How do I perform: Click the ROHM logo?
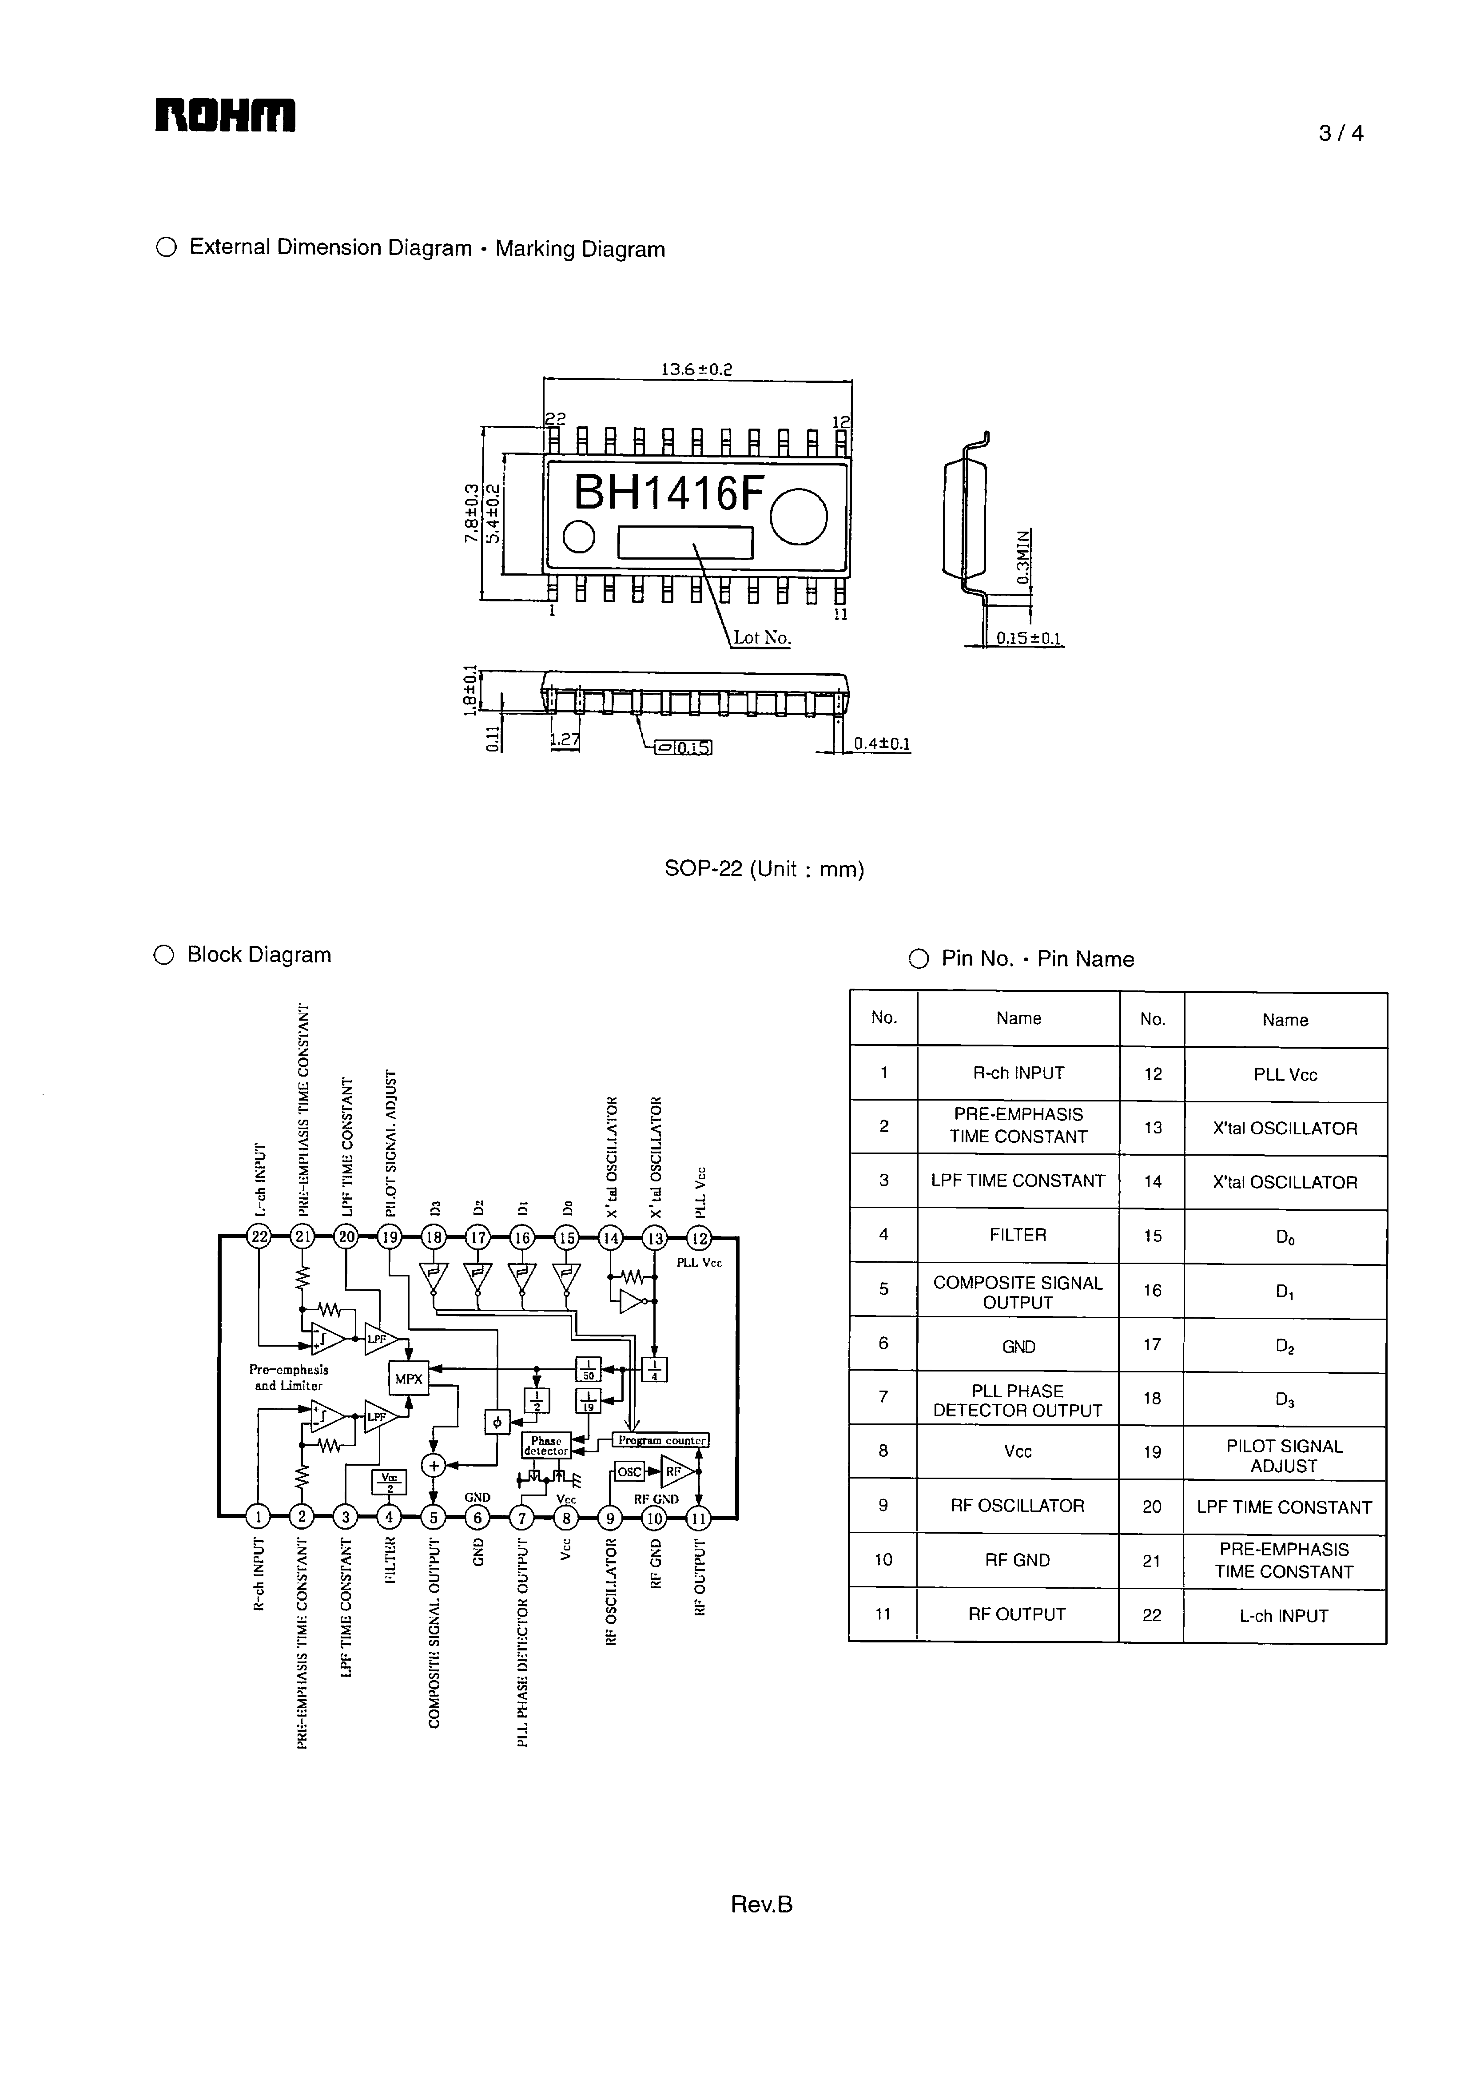pyautogui.click(x=225, y=115)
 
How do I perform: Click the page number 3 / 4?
pyautogui.click(x=1340, y=134)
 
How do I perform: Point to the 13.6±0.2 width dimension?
pyautogui.click(x=696, y=369)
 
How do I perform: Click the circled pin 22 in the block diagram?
pyautogui.click(x=259, y=1237)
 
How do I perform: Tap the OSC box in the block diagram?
pyautogui.click(x=629, y=1471)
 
